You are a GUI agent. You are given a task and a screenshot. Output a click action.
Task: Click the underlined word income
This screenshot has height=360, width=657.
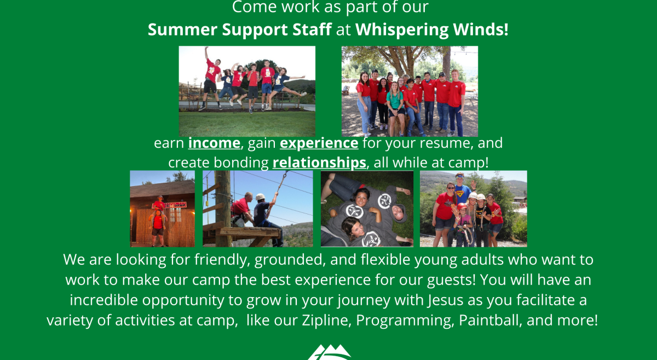tap(214, 143)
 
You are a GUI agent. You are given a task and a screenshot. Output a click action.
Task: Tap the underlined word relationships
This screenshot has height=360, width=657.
tap(319, 163)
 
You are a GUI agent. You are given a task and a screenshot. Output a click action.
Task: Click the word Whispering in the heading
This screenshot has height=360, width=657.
tap(402, 30)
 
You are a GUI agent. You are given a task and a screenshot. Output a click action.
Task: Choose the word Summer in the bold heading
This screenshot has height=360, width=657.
tap(183, 30)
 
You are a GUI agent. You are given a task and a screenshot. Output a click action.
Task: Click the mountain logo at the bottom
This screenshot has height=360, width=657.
tap(330, 353)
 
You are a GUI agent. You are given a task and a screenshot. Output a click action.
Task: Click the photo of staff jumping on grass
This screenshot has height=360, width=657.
tap(247, 91)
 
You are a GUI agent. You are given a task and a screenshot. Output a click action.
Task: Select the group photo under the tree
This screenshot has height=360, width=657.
tap(410, 91)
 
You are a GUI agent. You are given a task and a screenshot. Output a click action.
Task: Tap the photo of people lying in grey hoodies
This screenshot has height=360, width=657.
tap(367, 209)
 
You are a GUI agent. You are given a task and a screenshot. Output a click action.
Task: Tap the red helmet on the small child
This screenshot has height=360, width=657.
tap(462, 207)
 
